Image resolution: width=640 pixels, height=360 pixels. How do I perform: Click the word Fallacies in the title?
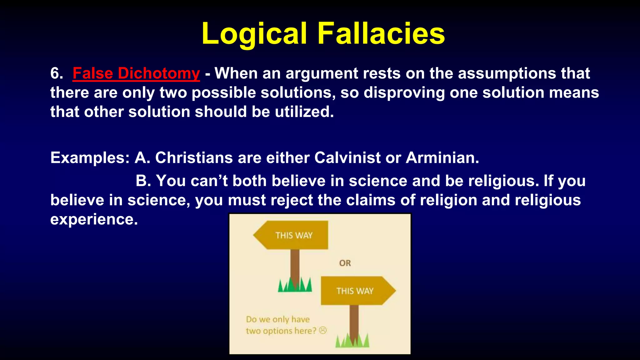tap(381, 34)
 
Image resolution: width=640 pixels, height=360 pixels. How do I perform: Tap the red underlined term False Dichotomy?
tap(136, 74)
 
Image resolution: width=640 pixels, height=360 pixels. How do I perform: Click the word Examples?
tap(90, 158)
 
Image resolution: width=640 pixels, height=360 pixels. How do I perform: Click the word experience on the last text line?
tap(94, 219)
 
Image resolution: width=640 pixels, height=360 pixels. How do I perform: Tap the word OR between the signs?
tap(345, 263)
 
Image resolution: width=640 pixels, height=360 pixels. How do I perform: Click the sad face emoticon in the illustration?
tap(323, 330)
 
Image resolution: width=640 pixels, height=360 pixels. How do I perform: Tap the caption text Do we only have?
tap(277, 319)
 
